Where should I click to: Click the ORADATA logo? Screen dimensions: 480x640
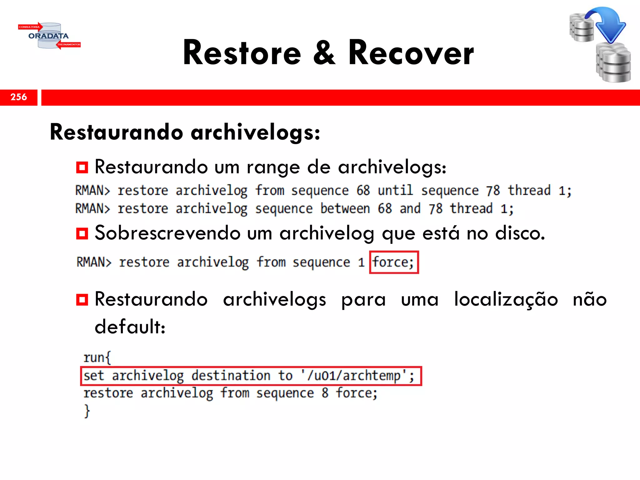[x=49, y=36]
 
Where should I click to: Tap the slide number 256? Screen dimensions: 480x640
[x=19, y=97]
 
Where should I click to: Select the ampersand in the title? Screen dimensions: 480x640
[x=324, y=53]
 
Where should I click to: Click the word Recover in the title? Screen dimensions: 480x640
[x=411, y=53]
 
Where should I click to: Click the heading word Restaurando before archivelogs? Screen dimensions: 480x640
[x=116, y=132]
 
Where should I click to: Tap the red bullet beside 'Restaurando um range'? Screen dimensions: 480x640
[x=82, y=167]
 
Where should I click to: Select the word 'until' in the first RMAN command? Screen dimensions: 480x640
[x=395, y=190]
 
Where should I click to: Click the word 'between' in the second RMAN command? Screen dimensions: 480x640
[x=345, y=208]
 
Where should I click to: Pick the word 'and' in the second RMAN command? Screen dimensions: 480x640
[x=410, y=208]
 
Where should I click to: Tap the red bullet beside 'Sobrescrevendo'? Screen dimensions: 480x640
[x=82, y=234]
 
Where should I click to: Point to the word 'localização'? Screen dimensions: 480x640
[x=506, y=299]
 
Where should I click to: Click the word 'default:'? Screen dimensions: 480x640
[x=130, y=327]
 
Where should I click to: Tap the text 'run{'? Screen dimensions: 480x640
[x=97, y=357]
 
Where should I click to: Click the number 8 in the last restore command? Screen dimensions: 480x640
[x=325, y=393]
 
